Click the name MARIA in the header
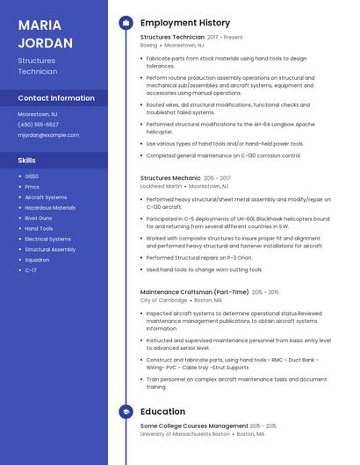click(37, 24)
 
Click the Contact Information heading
click(56, 98)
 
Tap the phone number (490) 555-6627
click(39, 125)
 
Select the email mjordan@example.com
click(48, 135)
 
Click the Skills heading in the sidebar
click(27, 161)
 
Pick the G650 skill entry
click(32, 176)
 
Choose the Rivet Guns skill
click(39, 218)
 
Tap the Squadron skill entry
click(37, 260)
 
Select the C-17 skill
click(31, 270)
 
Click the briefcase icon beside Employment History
click(126, 23)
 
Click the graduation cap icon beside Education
click(126, 411)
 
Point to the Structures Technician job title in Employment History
click(172, 38)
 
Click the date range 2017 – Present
click(225, 38)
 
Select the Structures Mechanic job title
click(170, 178)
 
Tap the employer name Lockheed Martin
click(162, 186)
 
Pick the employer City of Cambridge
click(163, 300)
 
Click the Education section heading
click(162, 411)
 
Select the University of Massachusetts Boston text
click(184, 433)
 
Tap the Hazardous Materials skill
click(50, 208)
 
